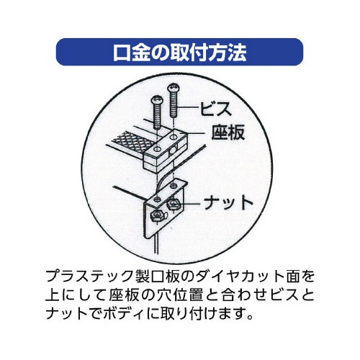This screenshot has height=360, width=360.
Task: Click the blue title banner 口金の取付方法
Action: click(179, 52)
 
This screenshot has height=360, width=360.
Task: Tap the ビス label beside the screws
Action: click(216, 109)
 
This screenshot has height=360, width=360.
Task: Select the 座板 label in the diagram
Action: click(228, 132)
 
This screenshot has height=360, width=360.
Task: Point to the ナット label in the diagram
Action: click(228, 203)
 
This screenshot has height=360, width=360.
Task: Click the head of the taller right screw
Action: click(174, 88)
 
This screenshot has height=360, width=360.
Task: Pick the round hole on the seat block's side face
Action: click(171, 151)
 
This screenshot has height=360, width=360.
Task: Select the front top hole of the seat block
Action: click(157, 149)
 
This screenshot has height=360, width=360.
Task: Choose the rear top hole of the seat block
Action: click(173, 138)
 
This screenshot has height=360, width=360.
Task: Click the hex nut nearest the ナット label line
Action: click(172, 204)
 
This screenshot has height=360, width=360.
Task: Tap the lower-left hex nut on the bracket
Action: click(156, 215)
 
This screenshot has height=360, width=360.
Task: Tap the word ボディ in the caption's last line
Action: click(124, 313)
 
